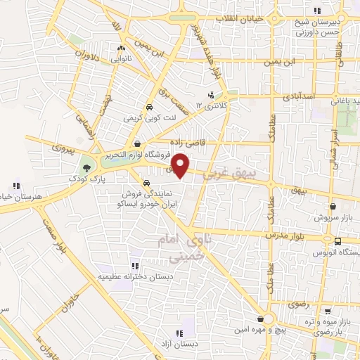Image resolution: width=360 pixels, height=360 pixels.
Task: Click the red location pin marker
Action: point(181,165)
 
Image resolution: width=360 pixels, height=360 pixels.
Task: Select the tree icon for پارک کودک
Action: point(86,167)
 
